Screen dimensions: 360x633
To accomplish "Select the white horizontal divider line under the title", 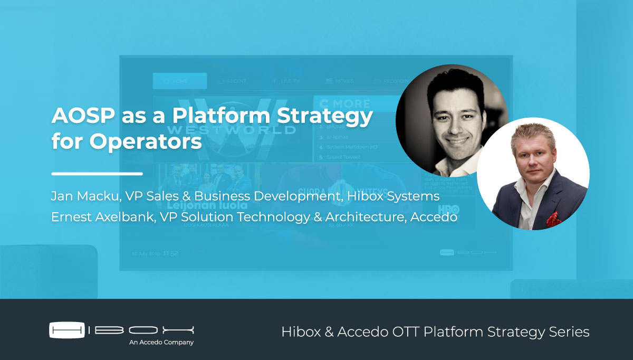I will [x=97, y=173].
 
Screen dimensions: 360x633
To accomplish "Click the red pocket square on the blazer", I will [x=553, y=217].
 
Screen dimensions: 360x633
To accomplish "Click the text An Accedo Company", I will [x=161, y=343].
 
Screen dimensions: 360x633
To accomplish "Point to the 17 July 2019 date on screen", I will [x=146, y=253].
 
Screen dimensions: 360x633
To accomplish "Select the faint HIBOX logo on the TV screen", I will [x=468, y=253].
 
